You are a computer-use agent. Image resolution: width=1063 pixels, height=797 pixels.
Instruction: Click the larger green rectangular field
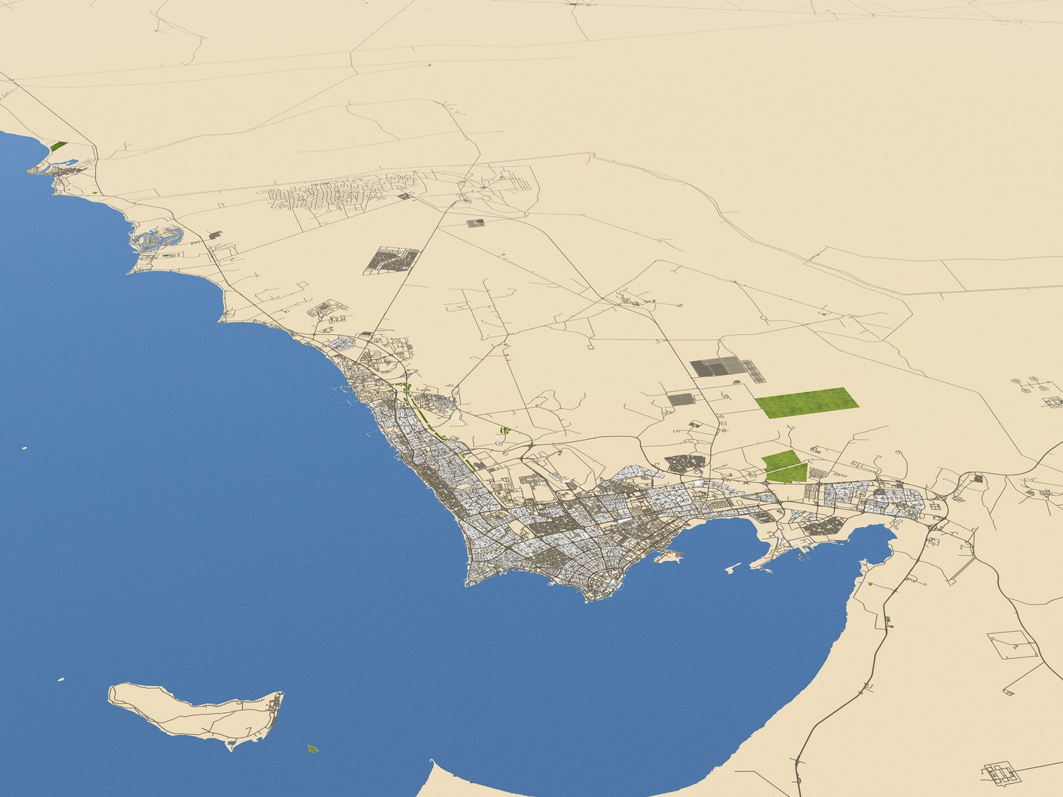(807, 402)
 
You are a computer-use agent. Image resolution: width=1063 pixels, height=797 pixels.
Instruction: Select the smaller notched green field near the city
(783, 466)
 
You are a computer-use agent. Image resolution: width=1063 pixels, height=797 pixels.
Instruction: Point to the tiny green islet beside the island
(312, 749)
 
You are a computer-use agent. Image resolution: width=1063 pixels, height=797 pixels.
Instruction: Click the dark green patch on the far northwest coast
(58, 146)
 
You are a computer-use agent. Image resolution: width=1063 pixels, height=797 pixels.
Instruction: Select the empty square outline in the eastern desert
(1013, 645)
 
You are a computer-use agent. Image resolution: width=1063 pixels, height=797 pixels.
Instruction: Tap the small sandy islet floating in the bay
(733, 568)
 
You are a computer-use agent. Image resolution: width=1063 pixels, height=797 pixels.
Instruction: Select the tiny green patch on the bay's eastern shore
(871, 584)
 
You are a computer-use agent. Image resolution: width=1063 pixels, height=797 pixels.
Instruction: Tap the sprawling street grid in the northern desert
(340, 193)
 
